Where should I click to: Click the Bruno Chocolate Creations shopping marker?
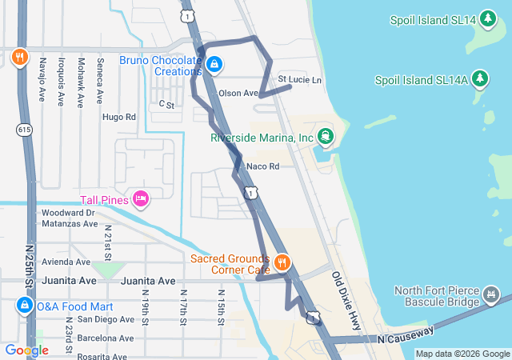(214, 63)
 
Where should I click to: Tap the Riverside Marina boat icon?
(325, 137)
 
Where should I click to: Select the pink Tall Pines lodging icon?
(141, 198)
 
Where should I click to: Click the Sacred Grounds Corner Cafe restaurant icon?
(282, 262)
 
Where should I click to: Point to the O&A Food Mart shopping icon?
(23, 306)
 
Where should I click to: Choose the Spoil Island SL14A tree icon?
(480, 78)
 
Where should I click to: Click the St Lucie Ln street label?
(299, 80)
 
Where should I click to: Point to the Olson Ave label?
(238, 93)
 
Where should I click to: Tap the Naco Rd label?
(262, 166)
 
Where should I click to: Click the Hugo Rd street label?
(119, 117)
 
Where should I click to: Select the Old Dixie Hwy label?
(346, 300)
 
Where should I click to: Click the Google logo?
(26, 350)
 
